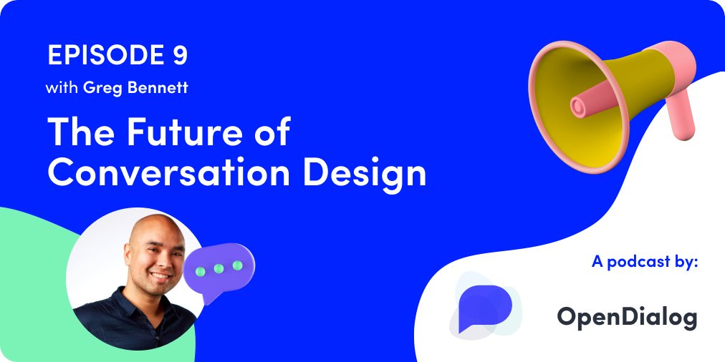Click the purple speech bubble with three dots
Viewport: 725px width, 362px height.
point(219,270)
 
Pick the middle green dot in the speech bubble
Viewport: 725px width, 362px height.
point(219,268)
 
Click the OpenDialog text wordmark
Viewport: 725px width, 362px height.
point(626,316)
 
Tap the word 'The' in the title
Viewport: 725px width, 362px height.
point(77,133)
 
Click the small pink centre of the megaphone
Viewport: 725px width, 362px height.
point(578,107)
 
